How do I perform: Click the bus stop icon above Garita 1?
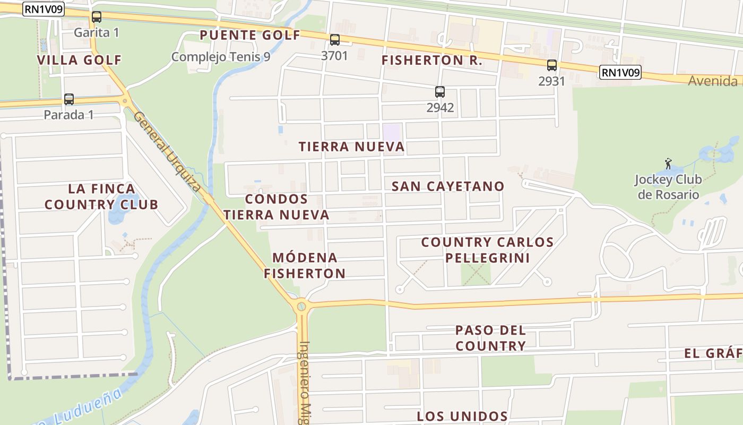tap(96, 16)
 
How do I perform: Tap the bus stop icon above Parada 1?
tap(68, 99)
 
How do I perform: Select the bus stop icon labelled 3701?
tap(334, 39)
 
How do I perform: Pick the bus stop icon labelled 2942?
tap(439, 91)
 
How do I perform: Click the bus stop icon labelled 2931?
tap(551, 65)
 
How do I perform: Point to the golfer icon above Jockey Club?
tap(668, 163)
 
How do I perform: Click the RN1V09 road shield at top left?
tap(44, 9)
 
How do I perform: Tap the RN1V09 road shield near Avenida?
tap(620, 72)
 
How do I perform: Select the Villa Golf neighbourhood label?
tap(79, 60)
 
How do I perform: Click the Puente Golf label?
tap(250, 36)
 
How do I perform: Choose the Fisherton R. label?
tap(431, 61)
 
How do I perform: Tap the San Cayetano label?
tap(447, 186)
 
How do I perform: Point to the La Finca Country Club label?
tap(101, 197)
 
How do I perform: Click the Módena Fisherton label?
tap(305, 266)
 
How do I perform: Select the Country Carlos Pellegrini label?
tap(487, 250)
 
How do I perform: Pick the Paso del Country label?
tap(490, 338)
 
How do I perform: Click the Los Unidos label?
tap(462, 416)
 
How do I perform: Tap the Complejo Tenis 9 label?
tap(220, 56)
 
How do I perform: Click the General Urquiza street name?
tap(167, 151)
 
